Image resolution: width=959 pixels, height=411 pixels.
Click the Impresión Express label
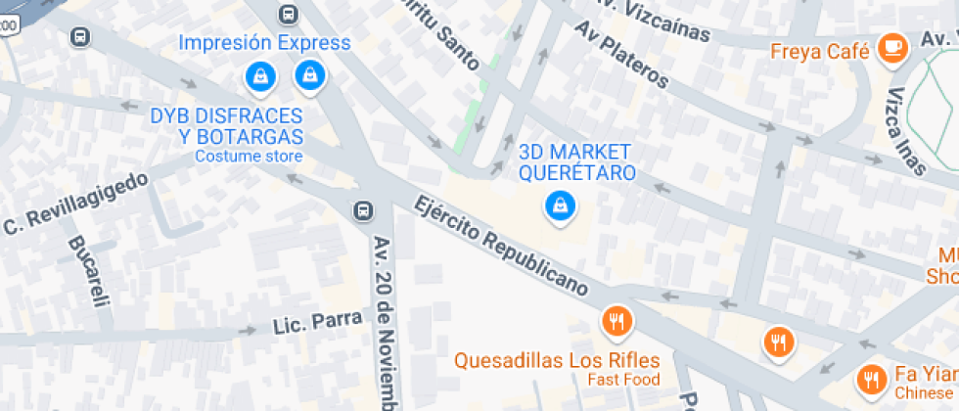coord(264,43)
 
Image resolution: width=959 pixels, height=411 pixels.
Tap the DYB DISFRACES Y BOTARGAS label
coord(227,127)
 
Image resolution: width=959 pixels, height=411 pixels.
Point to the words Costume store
coord(249,157)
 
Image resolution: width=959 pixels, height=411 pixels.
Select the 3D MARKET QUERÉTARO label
coord(576,162)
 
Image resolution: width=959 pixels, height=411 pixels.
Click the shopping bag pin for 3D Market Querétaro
coord(559,205)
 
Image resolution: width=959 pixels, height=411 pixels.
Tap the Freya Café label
coord(820,52)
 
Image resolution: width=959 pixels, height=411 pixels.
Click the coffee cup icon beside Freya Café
coord(890,47)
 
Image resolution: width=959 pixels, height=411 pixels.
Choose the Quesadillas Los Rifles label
coord(556,360)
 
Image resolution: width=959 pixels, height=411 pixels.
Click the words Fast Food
coord(623,380)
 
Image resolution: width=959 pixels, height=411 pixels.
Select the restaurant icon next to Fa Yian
coord(870,378)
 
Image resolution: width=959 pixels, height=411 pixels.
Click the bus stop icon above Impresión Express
coord(288,14)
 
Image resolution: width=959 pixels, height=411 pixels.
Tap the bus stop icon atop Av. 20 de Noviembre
coord(363,210)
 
